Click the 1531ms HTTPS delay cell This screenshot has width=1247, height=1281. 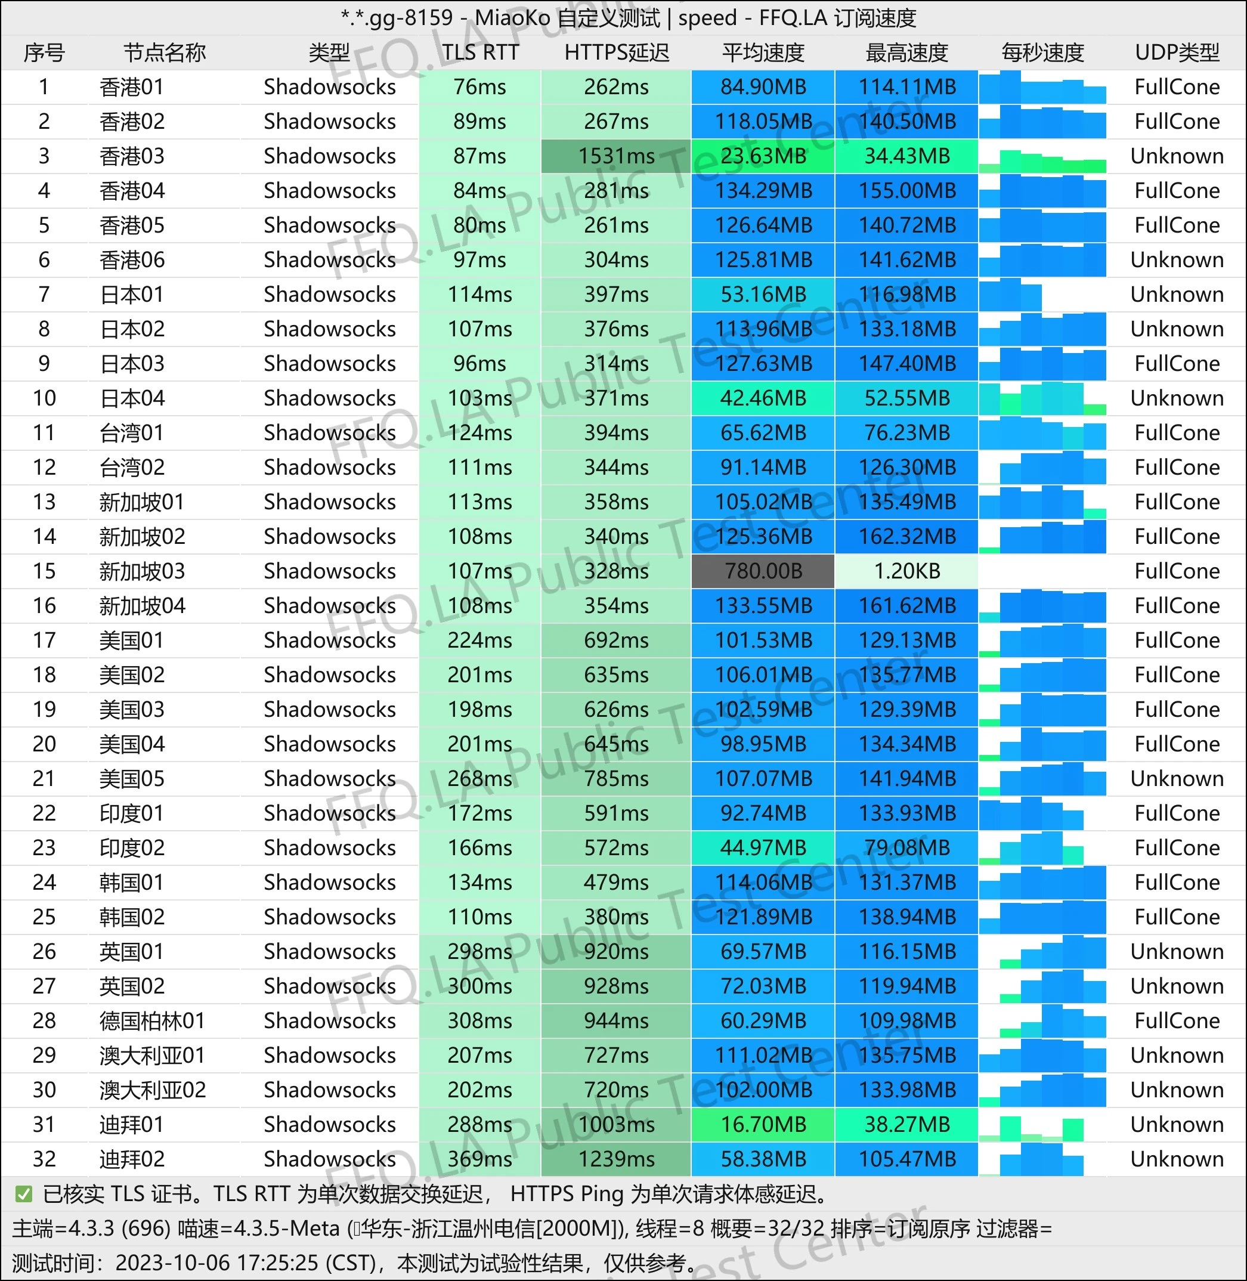615,156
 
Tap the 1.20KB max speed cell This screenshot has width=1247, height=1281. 906,571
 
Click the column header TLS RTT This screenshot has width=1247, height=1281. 479,52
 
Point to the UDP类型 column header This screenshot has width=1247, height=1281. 1176,52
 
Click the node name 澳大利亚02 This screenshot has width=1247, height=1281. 152,1090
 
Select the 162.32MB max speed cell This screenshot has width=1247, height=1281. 906,536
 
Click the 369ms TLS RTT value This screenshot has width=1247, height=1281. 479,1159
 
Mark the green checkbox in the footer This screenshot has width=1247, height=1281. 24,1194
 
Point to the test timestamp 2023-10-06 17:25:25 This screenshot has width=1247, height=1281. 245,1263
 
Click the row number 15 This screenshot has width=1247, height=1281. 44,571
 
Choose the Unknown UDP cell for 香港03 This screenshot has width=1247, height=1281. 1176,156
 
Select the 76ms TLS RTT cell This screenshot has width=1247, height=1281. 479,87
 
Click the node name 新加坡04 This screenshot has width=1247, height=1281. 142,606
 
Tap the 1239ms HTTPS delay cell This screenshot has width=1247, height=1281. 615,1159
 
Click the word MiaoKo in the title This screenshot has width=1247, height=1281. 512,18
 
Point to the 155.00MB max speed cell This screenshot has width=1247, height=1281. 906,191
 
